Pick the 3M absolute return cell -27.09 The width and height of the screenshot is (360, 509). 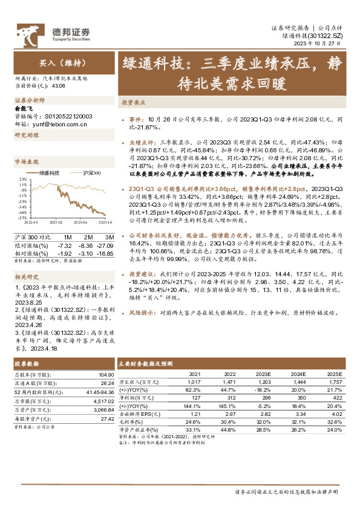coord(106,244)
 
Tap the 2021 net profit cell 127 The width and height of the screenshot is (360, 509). coord(194,398)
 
